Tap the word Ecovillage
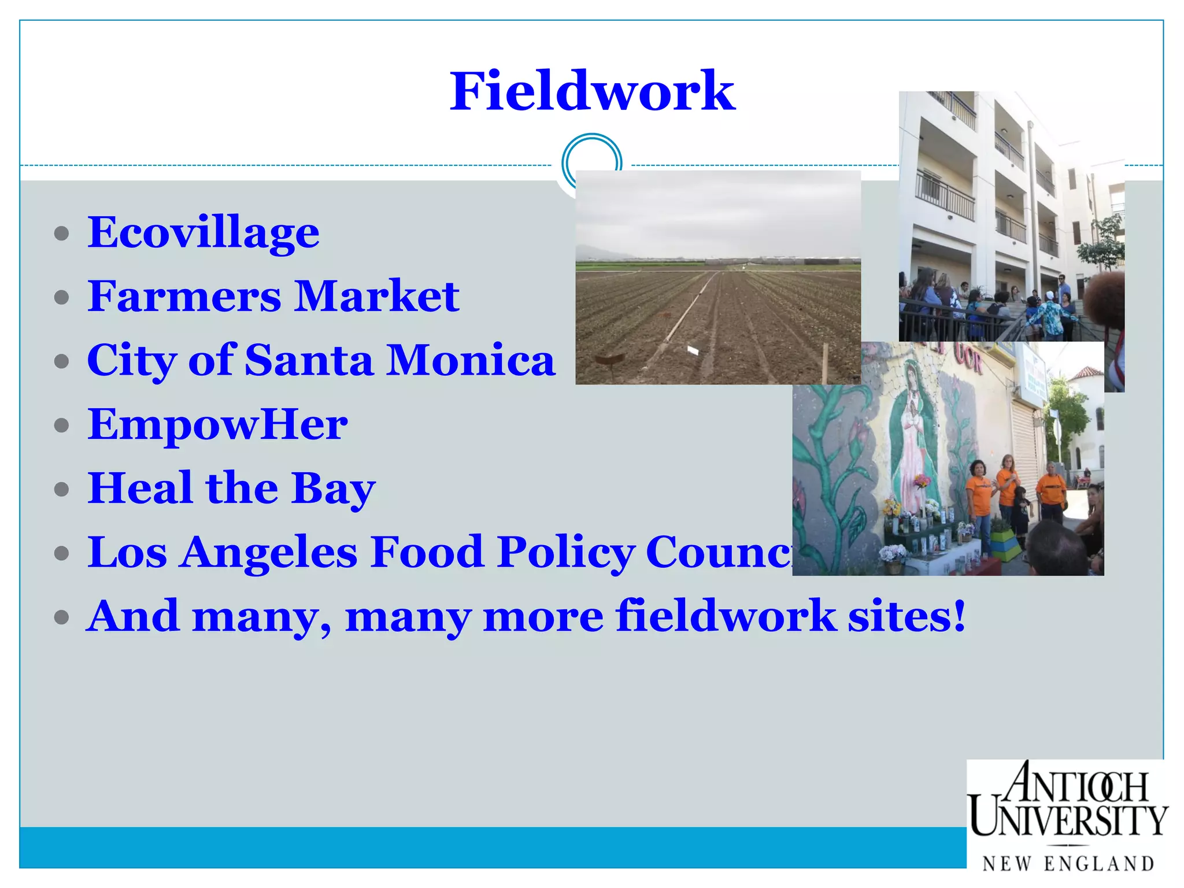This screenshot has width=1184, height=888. tap(203, 232)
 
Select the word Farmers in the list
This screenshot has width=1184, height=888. tap(184, 296)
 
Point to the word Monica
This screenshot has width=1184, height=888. tap(471, 360)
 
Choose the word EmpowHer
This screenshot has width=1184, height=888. tap(217, 424)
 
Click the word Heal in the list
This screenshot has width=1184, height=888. tap(140, 488)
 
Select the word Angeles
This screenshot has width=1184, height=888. tap(268, 553)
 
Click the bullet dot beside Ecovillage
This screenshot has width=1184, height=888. tap(61, 234)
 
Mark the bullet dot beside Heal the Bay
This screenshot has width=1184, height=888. tap(61, 490)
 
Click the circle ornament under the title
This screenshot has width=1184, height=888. tap(591, 162)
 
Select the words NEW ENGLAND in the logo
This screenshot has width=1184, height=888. tap(1068, 864)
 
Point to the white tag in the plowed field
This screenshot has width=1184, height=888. tap(693, 349)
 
